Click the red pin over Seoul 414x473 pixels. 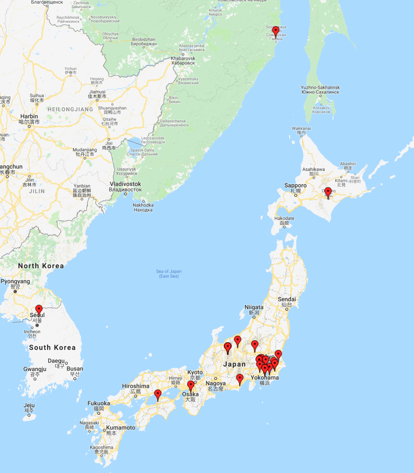point(39,310)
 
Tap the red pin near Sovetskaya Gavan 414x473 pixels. point(275,32)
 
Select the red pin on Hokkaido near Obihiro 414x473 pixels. point(328,192)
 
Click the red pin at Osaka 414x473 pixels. point(191,386)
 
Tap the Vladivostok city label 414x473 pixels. point(125,184)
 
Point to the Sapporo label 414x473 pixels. point(296,185)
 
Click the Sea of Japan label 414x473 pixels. point(169,273)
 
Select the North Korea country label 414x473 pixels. point(41,265)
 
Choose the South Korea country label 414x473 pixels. point(52,347)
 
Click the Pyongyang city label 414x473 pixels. point(16,282)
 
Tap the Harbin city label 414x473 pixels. point(29,116)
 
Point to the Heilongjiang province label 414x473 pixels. point(70,109)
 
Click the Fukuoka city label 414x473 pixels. point(99,403)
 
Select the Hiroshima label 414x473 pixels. point(135,386)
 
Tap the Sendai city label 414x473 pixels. point(287,299)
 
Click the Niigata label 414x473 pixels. point(254,307)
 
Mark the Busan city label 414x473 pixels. point(75,368)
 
